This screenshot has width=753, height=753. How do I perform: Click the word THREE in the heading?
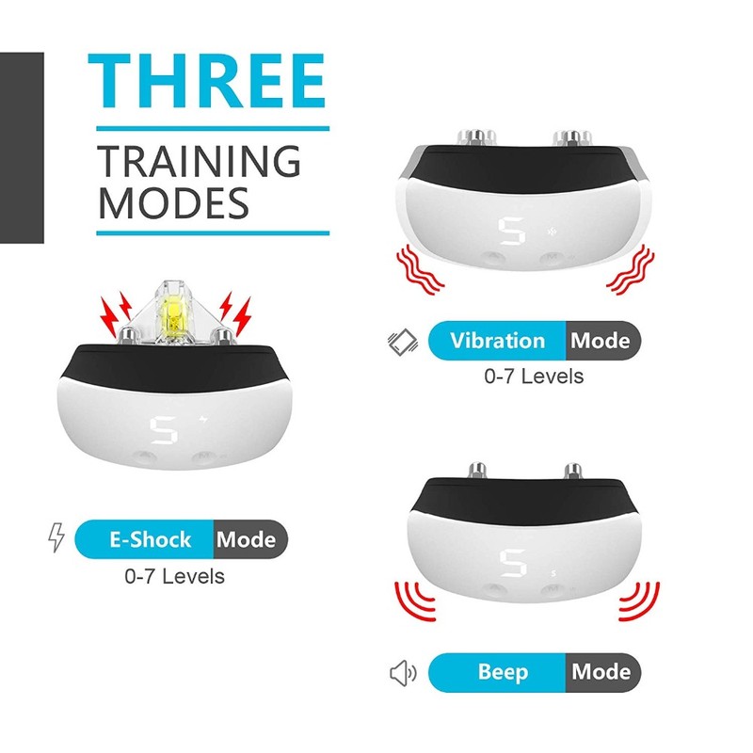[x=207, y=81]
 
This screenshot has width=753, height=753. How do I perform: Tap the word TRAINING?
[x=199, y=161]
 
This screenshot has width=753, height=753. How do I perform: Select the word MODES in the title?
[x=173, y=203]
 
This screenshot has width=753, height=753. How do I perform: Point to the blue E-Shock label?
[x=144, y=539]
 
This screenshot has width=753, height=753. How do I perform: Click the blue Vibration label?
[x=497, y=341]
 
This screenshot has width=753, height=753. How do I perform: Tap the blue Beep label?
[x=497, y=672]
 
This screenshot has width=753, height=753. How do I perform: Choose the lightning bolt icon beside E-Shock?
[x=56, y=537]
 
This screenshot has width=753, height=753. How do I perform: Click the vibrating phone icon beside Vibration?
[x=403, y=342]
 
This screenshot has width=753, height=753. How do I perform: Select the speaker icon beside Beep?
[x=403, y=673]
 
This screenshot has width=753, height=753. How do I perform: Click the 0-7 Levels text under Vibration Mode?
[x=534, y=376]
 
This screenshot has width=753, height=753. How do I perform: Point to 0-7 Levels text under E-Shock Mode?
[x=174, y=576]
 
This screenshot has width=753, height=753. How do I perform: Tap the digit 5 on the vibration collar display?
[x=511, y=231]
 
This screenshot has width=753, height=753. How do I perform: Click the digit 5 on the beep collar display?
[x=513, y=563]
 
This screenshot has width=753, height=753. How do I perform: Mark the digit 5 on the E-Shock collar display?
[x=164, y=430]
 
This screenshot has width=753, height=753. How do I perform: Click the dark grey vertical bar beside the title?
[x=22, y=148]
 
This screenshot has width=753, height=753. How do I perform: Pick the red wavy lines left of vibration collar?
[x=419, y=269]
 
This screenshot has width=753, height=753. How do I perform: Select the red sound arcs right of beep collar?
[x=639, y=601]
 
